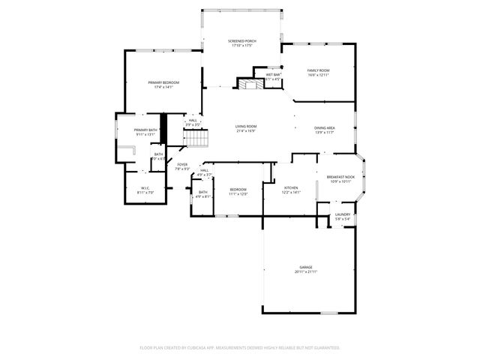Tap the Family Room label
(x=318, y=70)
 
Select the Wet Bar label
(x=272, y=75)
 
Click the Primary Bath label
(x=145, y=130)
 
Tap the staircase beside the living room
(x=196, y=138)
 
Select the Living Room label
(x=246, y=127)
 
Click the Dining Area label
(x=324, y=127)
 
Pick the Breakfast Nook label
(x=340, y=177)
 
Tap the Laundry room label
(x=343, y=214)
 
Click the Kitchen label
(x=290, y=187)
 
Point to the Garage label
(x=306, y=267)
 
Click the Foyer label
(x=182, y=164)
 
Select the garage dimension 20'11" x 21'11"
(x=306, y=271)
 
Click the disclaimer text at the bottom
(x=240, y=348)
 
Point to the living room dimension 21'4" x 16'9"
(x=246, y=131)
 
